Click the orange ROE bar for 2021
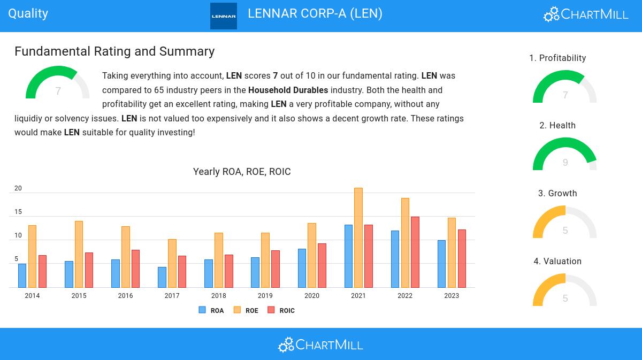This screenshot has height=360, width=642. [358, 238]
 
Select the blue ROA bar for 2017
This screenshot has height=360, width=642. [162, 277]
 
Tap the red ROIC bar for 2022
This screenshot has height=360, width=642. [415, 252]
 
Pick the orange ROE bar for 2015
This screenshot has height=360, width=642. [79, 254]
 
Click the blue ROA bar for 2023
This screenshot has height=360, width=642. [441, 264]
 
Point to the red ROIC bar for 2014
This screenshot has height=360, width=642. [42, 271]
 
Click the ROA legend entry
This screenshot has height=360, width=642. [211, 310]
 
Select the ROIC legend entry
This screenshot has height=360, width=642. [281, 310]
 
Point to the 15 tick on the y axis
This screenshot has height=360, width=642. [18, 212]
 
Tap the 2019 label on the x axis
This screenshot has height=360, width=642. [265, 296]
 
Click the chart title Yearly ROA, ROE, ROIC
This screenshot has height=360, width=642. [242, 172]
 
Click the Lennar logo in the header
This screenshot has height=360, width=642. [224, 16]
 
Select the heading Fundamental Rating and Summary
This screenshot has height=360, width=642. [114, 51]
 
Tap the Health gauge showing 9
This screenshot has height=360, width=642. [565, 155]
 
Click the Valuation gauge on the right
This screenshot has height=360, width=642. [565, 291]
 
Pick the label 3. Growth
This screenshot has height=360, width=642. [557, 194]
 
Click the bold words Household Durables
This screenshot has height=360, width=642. [288, 90]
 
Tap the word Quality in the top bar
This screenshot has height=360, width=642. [28, 13]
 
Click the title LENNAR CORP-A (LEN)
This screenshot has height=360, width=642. [315, 13]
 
